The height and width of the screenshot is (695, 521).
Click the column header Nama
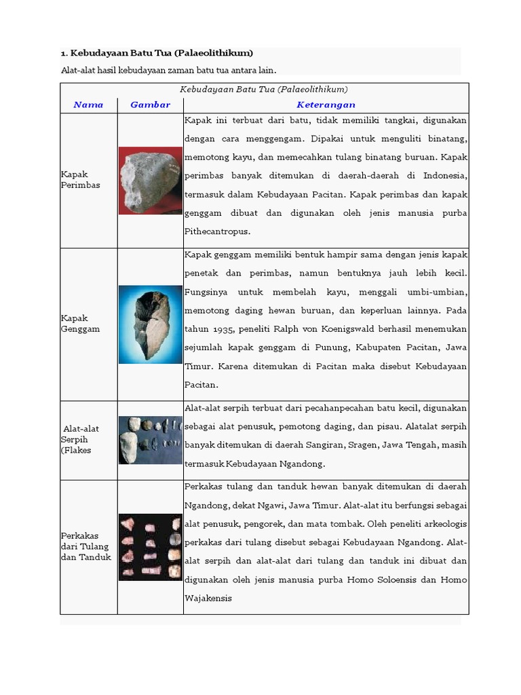coord(88,105)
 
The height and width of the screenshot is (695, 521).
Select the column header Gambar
coord(150,105)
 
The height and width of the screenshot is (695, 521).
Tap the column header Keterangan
coord(326,105)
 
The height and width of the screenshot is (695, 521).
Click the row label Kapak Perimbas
coord(80,179)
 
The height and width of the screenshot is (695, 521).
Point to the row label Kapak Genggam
coord(80,323)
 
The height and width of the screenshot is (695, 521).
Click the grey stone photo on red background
coord(151,181)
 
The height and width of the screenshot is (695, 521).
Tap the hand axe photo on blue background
coord(151,324)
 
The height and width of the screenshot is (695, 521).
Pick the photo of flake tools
coord(151,440)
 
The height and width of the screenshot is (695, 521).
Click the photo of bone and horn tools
coord(151,547)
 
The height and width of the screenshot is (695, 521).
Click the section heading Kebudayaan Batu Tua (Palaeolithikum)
coord(157,53)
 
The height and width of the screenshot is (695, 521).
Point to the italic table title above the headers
coord(264,89)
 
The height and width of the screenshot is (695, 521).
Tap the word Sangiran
coord(324,445)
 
